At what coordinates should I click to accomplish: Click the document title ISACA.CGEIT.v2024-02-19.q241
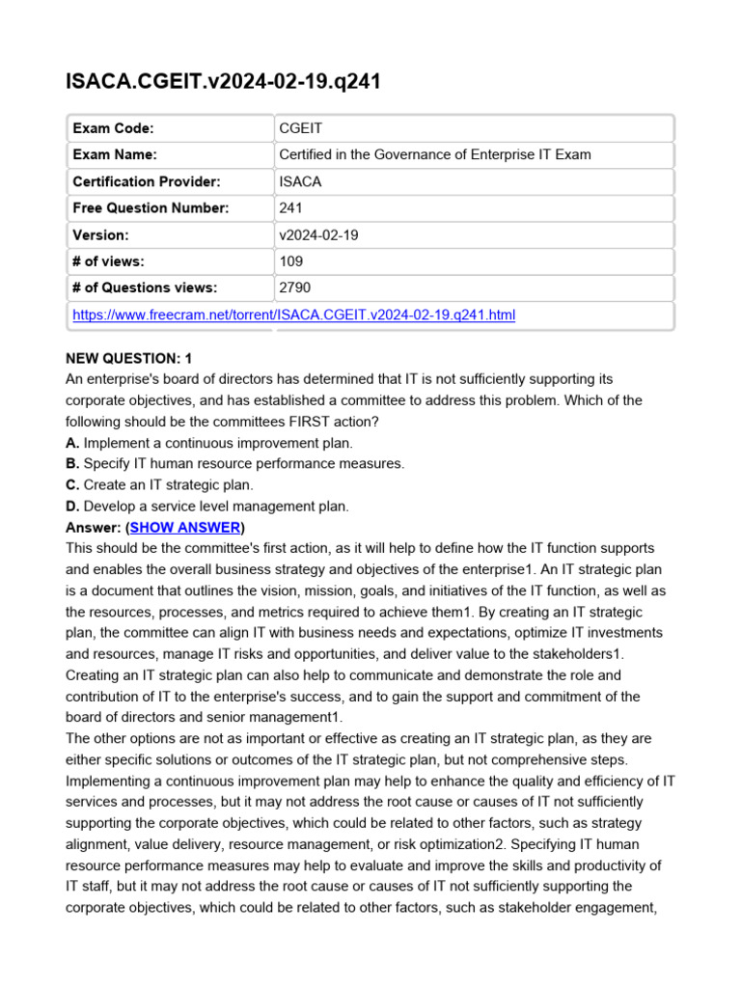click(x=223, y=82)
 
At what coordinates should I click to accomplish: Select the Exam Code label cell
click(x=113, y=128)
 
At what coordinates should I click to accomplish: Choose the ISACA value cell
click(x=300, y=181)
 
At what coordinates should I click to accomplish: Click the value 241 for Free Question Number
click(x=291, y=207)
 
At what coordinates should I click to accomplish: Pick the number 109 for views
click(x=291, y=261)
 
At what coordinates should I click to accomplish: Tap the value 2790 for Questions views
click(x=295, y=288)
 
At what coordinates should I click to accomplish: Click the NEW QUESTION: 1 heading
click(x=128, y=358)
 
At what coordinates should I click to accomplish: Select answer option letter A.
click(x=70, y=443)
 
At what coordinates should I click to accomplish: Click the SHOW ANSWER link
click(x=185, y=528)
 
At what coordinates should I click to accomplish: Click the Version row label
click(x=100, y=234)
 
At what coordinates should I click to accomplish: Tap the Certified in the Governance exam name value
click(x=434, y=154)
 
